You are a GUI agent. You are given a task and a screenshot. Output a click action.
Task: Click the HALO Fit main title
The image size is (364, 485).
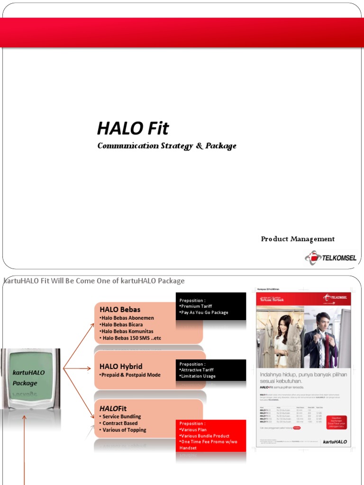pyautogui.click(x=133, y=128)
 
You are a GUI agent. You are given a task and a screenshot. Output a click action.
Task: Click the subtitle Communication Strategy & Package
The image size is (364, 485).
pyautogui.click(x=166, y=146)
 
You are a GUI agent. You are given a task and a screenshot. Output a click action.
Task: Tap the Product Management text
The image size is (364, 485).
pyautogui.click(x=298, y=239)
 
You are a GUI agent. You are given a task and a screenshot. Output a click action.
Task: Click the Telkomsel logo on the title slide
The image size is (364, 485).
pyautogui.click(x=330, y=258)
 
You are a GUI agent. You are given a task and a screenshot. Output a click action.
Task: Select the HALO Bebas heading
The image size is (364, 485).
pyautogui.click(x=120, y=310)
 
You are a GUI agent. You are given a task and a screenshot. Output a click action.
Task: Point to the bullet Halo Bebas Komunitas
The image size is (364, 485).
pyautogui.click(x=127, y=331)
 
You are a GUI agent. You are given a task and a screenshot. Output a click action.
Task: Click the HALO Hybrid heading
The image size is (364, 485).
pyautogui.click(x=121, y=366)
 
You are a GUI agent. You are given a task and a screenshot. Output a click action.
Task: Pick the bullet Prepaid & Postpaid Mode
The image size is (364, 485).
pyautogui.click(x=130, y=375)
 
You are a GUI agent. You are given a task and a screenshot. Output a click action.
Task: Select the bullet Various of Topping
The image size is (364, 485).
pyautogui.click(x=124, y=430)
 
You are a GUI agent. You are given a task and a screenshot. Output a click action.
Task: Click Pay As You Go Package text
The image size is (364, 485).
pyautogui.click(x=204, y=313)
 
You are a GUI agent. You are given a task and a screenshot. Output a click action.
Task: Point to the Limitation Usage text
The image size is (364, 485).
pyautogui.click(x=198, y=376)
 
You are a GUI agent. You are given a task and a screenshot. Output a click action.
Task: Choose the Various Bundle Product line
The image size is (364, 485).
pyautogui.click(x=204, y=436)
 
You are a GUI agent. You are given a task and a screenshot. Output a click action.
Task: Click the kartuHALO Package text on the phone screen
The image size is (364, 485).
pyautogui.click(x=28, y=377)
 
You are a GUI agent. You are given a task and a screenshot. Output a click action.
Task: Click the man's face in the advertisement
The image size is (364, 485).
pyautogui.click(x=323, y=322)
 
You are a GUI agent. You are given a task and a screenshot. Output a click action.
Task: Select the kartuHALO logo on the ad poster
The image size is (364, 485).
pyautogui.click(x=335, y=441)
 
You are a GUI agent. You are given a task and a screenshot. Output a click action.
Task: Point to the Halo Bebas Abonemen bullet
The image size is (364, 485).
pyautogui.click(x=127, y=318)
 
